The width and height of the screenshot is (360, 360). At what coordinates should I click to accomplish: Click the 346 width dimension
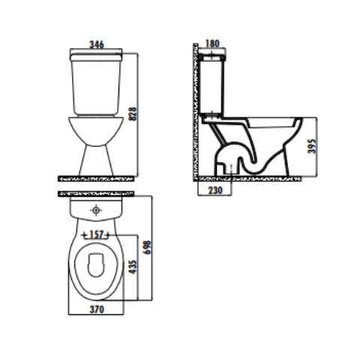[x=97, y=44]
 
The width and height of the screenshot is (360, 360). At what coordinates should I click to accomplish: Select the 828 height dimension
[x=133, y=114]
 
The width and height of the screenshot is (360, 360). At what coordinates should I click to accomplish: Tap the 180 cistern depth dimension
[x=212, y=43]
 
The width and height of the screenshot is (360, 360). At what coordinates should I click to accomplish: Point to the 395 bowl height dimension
[x=312, y=146]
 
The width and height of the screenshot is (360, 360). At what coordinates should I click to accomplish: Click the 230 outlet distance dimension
[x=215, y=190]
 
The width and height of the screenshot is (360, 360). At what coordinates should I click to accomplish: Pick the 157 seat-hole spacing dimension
[x=96, y=235]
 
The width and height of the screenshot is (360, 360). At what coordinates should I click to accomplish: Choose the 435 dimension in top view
[x=133, y=267]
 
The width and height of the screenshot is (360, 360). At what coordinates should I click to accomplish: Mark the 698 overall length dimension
[x=147, y=247]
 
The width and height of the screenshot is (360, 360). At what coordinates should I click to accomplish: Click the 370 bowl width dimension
[x=97, y=310]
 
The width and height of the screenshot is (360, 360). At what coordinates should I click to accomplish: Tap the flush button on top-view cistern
[x=96, y=210]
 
